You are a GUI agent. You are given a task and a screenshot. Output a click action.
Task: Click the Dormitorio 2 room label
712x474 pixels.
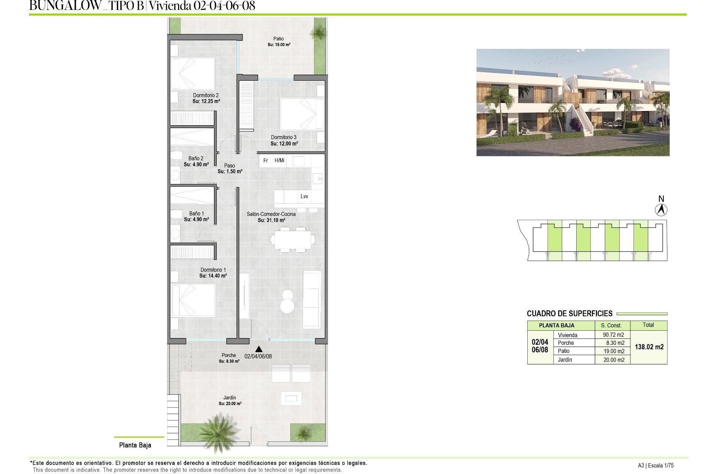(206, 96)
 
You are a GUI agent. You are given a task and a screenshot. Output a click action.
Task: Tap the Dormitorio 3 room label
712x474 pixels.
(284, 137)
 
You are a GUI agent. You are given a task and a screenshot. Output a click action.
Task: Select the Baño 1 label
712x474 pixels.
(197, 214)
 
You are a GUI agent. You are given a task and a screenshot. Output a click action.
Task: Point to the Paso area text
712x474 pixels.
(230, 166)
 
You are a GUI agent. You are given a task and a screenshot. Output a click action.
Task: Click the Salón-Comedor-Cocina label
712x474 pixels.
(271, 214)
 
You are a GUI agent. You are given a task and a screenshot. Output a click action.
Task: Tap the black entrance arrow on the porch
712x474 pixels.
(259, 349)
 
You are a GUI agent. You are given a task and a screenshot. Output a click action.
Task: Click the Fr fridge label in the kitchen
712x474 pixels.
(266, 161)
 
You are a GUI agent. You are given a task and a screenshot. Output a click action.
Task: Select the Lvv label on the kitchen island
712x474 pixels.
(304, 196)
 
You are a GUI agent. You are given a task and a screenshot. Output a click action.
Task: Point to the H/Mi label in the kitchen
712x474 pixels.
(279, 160)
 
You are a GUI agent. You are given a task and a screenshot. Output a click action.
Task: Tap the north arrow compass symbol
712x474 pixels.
(661, 210)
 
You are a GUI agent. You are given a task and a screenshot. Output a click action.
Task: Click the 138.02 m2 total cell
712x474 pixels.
(649, 347)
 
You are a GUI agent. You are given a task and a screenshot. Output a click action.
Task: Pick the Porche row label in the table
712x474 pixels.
(566, 343)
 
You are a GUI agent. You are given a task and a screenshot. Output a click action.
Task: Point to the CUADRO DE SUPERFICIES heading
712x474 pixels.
(570, 314)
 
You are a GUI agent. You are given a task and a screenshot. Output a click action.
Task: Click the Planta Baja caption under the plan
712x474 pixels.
(135, 445)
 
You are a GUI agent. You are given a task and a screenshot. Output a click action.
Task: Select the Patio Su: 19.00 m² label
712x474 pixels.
(279, 41)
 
